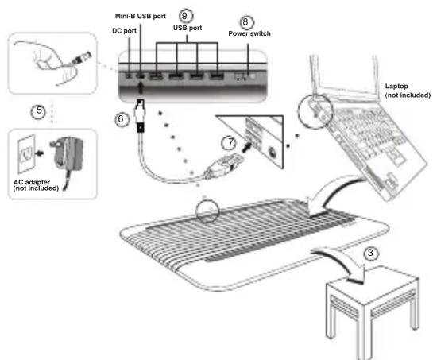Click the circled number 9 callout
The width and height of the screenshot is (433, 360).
coord(185,16)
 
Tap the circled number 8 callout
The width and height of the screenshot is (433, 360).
coord(245,21)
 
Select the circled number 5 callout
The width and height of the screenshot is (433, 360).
coord(39,111)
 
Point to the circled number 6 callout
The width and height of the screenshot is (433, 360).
coord(122,119)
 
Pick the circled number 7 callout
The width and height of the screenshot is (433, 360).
coord(229,143)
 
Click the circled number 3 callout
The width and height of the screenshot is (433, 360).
coord(370,253)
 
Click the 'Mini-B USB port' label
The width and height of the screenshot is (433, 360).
coord(141,16)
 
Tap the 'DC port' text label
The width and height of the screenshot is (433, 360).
coord(124,31)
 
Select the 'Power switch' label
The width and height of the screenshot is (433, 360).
coord(249,33)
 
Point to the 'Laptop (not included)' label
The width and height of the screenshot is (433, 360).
coord(408,91)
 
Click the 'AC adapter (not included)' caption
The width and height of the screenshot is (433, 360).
coord(36,185)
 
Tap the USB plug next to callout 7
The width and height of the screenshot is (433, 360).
coord(224,165)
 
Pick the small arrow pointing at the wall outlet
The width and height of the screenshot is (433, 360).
coord(41,153)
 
